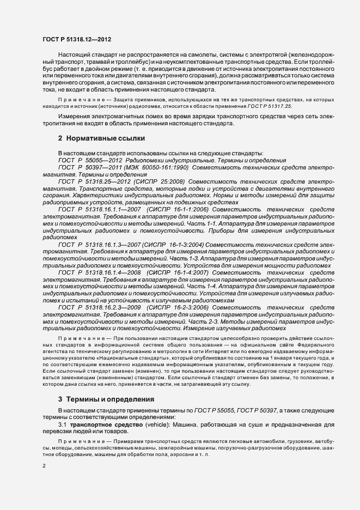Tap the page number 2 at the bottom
click(x=44, y=466)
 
